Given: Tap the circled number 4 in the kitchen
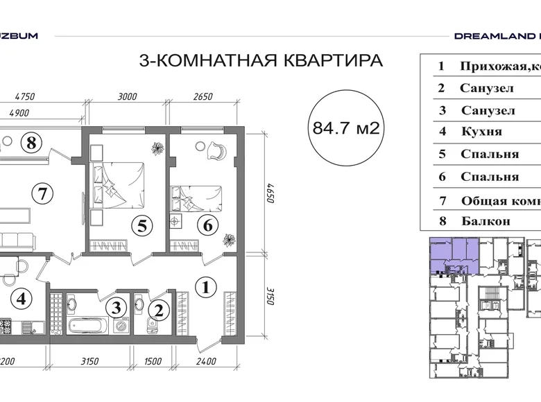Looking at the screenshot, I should click(22, 299).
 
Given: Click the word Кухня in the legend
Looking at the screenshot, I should click(481, 132).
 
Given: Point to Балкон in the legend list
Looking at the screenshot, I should click(485, 221).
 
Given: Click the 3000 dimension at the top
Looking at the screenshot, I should click(128, 97).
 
